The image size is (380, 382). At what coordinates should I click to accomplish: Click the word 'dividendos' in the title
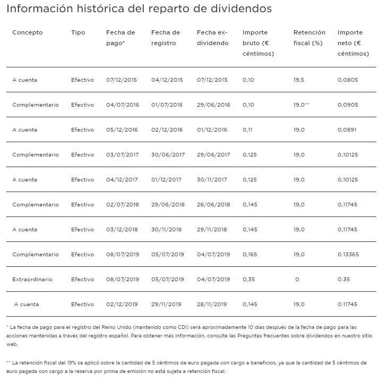(242, 9)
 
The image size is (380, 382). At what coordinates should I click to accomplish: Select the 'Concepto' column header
(27, 33)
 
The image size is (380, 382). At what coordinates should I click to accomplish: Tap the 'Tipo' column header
(78, 33)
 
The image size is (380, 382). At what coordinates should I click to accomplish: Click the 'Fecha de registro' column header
(166, 38)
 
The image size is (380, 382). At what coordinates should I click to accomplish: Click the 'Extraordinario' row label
(33, 279)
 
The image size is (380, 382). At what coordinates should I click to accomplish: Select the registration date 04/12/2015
(167, 80)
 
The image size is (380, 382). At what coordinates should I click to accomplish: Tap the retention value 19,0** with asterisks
(301, 105)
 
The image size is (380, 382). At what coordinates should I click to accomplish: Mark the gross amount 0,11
(247, 129)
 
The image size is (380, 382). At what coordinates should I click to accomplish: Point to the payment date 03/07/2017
(122, 154)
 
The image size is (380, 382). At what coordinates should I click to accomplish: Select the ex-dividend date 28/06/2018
(213, 204)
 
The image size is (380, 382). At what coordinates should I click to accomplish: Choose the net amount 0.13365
(351, 254)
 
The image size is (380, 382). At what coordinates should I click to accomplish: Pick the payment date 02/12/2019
(122, 304)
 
